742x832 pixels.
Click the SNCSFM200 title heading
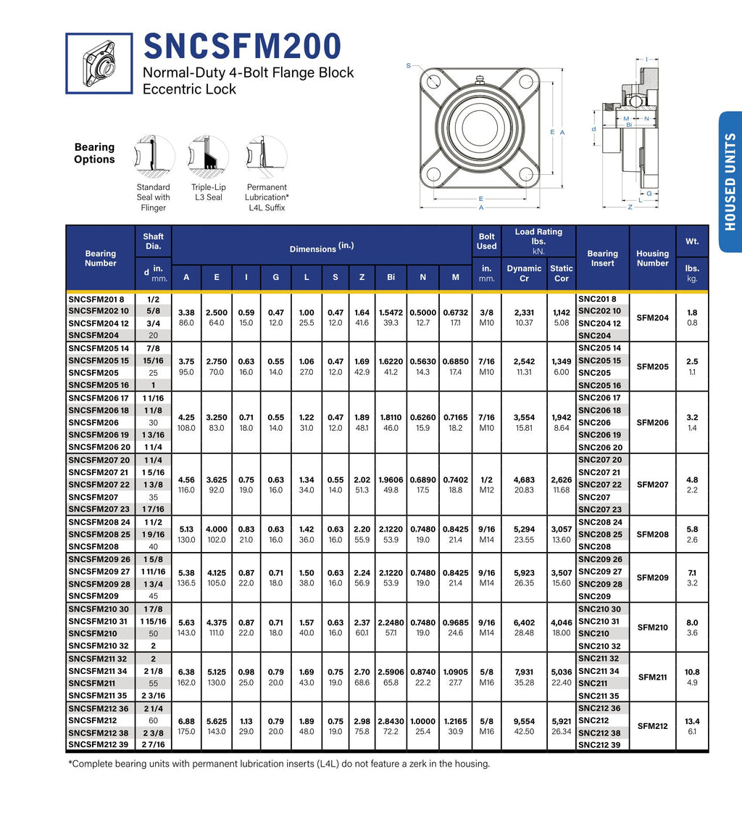(242, 46)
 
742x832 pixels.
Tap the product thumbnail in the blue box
(99, 64)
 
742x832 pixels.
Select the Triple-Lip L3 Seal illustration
(208, 157)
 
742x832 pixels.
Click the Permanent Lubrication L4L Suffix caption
(267, 197)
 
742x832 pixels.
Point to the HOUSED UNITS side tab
(730, 181)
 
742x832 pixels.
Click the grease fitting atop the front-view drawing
(480, 81)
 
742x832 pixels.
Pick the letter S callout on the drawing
(409, 66)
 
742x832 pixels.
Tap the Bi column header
(391, 277)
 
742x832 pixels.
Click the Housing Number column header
(652, 258)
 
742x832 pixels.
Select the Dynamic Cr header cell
(524, 273)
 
